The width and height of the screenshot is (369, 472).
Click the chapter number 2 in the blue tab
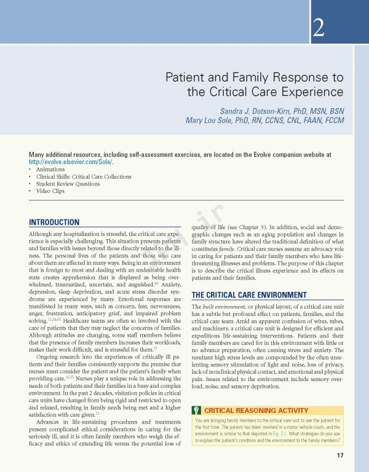tap(319, 28)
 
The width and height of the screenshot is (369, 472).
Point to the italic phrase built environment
tap(220, 307)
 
